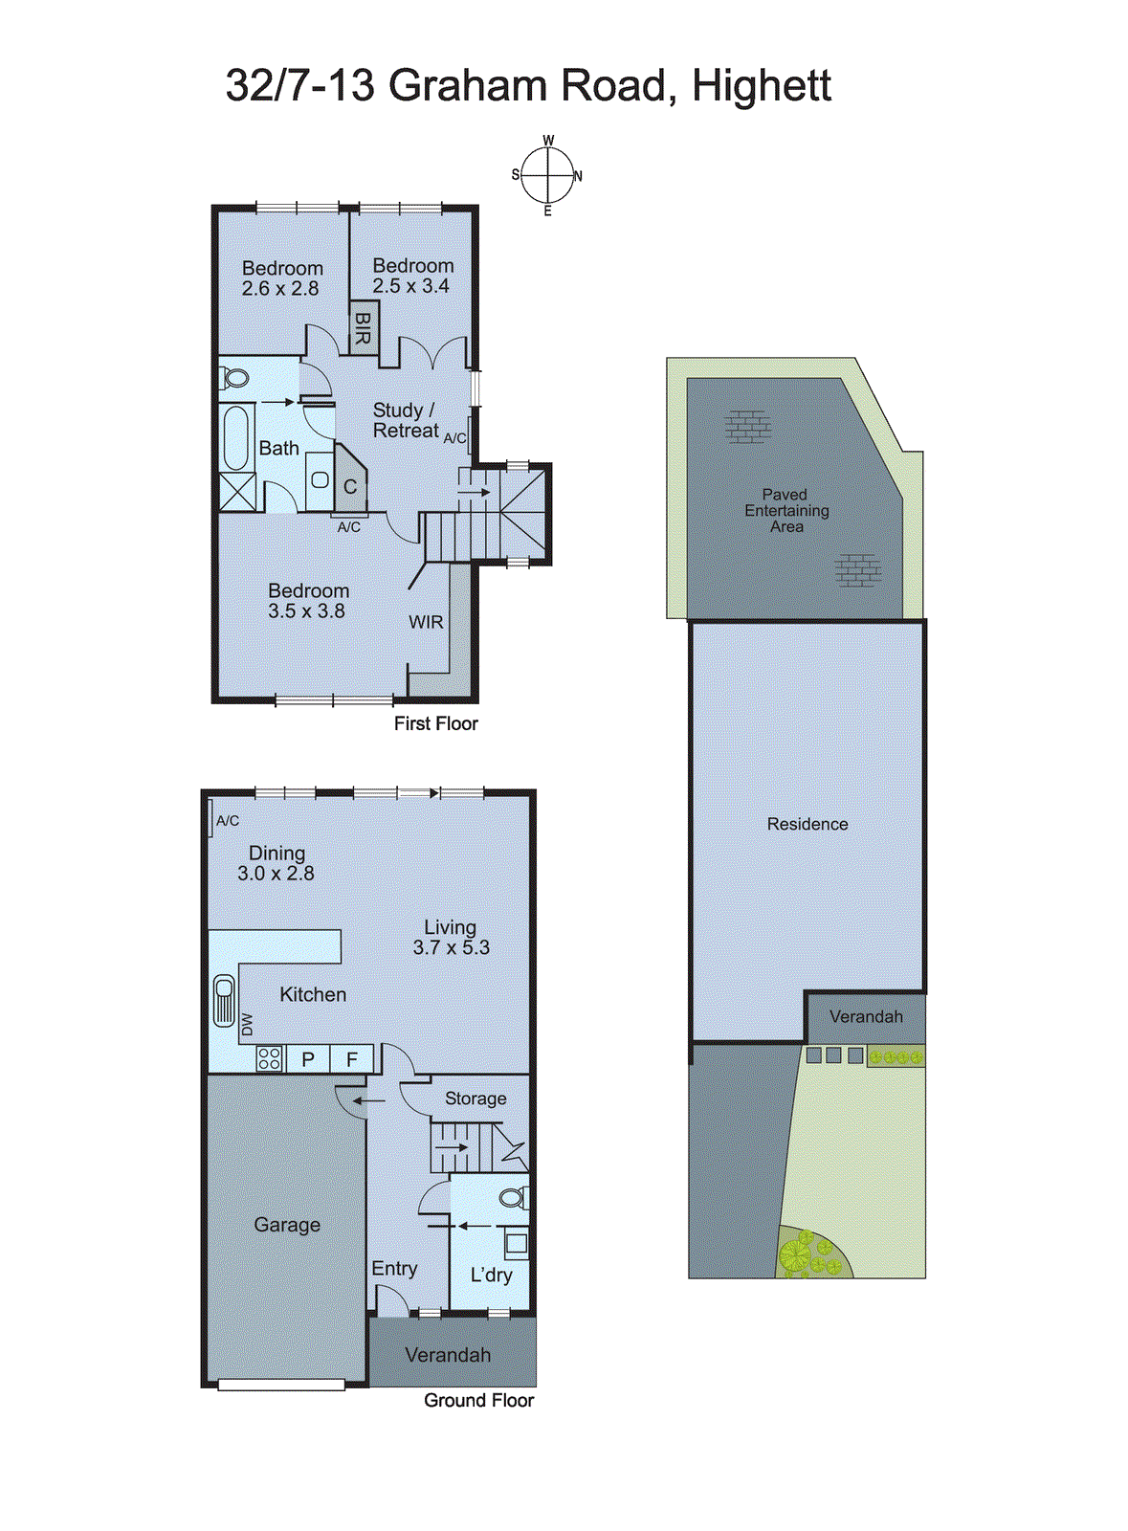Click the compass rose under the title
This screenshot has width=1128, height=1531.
pos(548,176)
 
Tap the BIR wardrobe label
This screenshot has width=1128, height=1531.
pos(364,328)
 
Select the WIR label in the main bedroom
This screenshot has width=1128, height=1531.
pos(426,622)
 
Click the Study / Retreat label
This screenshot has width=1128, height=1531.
pos(405,421)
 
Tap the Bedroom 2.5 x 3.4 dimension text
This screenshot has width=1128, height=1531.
pos(411,286)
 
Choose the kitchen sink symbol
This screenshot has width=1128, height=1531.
pos(224,1000)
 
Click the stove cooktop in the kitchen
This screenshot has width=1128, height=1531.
pos(269,1058)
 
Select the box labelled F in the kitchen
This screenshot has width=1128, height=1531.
pos(352,1059)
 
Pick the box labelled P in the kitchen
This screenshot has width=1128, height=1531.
pos(308,1059)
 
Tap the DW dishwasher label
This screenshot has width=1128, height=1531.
pos(247,1024)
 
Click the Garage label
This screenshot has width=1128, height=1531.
pos(287,1225)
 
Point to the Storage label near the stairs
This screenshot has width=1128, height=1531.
pos(476,1098)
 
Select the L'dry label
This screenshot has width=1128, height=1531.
pos(491,1275)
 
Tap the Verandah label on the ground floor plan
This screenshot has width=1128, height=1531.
pos(448,1355)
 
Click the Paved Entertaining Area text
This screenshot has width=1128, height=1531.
pos(786,510)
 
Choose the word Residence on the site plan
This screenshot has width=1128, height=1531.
pos(807,824)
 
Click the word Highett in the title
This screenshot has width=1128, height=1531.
pos(761,86)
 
